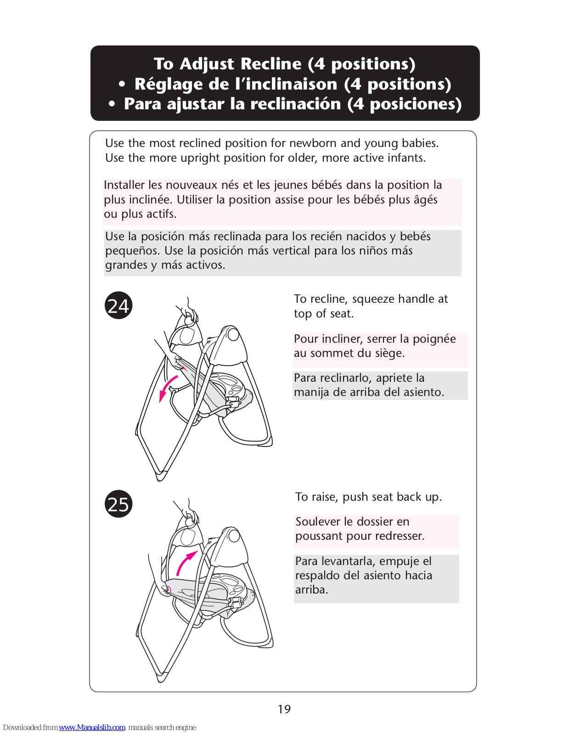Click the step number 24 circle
tap(118, 305)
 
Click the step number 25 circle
tap(118, 503)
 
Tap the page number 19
tap(284, 709)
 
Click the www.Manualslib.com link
tap(92, 727)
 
